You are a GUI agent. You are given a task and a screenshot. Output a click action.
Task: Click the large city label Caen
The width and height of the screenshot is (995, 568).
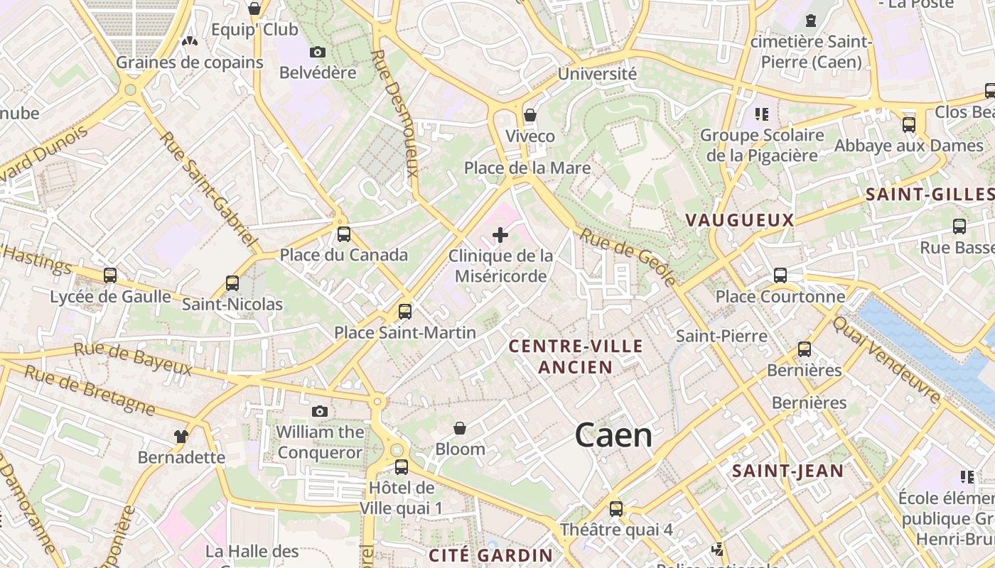click(x=613, y=435)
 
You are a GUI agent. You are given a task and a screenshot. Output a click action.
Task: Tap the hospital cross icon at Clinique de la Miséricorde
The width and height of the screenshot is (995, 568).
click(x=500, y=234)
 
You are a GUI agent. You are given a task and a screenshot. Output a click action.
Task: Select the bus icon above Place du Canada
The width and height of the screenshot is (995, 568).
click(x=344, y=234)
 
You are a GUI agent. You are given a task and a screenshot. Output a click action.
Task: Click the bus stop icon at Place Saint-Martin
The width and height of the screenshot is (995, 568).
click(x=404, y=311)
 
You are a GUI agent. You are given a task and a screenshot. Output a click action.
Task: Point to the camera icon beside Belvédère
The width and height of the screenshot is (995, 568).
click(x=318, y=52)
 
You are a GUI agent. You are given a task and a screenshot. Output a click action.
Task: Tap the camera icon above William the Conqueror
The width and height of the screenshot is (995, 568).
click(x=320, y=411)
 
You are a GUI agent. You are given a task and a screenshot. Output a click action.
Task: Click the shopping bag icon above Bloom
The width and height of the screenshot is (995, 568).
click(x=460, y=428)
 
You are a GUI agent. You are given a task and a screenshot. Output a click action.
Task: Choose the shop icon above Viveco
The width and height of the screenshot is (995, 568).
click(x=529, y=115)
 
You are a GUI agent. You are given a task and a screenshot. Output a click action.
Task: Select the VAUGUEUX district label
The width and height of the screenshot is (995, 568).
click(x=739, y=220)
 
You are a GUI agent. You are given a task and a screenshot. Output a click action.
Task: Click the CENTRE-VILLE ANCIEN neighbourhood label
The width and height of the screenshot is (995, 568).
click(x=576, y=356)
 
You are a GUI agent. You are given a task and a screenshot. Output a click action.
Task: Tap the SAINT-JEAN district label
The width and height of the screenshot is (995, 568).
click(x=787, y=471)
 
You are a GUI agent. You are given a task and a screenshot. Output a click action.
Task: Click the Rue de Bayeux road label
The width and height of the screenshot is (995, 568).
click(x=133, y=359)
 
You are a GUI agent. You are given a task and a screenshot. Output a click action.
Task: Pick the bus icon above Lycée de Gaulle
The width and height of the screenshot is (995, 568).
click(x=110, y=275)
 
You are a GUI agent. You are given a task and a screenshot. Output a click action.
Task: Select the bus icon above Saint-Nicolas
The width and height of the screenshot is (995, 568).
click(x=232, y=283)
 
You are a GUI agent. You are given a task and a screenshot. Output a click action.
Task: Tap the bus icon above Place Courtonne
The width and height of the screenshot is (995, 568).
click(x=780, y=275)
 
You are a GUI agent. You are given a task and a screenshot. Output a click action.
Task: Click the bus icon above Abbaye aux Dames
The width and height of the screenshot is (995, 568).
click(x=908, y=125)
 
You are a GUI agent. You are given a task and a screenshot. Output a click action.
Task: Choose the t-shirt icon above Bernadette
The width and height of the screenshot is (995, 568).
click(x=181, y=436)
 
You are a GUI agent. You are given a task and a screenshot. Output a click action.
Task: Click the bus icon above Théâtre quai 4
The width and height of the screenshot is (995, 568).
click(x=616, y=508)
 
